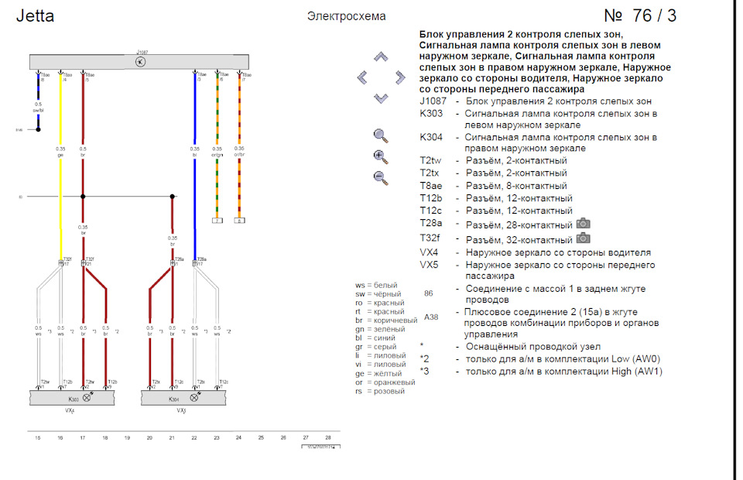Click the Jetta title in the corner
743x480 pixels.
[36, 16]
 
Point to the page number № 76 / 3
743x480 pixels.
[639, 16]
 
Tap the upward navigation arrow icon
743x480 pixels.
[380, 57]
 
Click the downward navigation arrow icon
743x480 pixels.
[380, 98]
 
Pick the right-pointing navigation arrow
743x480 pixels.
[399, 77]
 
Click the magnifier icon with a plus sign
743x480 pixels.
[380, 156]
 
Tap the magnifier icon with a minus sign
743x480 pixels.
[380, 177]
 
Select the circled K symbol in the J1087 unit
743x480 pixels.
[140, 62]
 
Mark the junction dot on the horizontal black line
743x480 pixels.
[172, 197]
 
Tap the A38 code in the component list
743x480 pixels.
[431, 317]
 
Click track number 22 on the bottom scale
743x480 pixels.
[194, 437]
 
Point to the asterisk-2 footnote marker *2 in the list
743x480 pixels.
[424, 359]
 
